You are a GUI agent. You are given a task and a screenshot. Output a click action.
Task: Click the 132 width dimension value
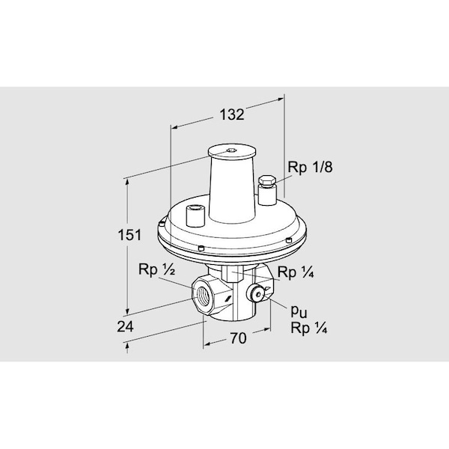232,114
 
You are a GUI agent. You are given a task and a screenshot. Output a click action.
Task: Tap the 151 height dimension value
129,235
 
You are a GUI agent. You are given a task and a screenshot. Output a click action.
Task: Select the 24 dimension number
125,326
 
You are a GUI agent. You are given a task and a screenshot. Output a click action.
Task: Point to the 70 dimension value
238,338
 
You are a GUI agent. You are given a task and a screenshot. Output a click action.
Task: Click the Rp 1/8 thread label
310,167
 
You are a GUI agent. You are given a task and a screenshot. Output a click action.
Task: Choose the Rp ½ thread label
156,269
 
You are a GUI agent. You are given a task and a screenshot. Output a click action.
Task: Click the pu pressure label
299,311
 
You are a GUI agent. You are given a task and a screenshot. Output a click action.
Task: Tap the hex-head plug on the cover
267,182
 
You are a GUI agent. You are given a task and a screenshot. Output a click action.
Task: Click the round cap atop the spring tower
232,152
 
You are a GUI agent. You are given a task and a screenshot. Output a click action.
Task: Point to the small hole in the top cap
230,150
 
